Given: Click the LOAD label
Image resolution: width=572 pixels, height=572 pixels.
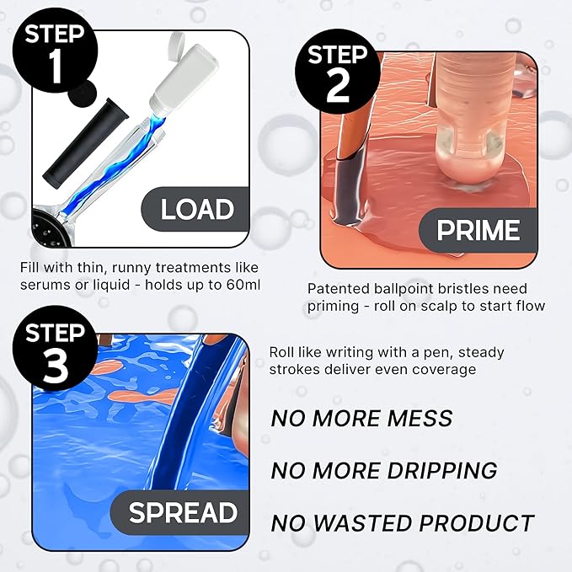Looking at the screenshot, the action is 197,209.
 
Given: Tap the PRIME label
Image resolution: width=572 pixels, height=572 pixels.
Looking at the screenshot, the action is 478,230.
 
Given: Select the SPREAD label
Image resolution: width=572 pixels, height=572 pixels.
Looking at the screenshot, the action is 183,512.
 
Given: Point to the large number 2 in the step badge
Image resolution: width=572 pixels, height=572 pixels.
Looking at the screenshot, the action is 338,86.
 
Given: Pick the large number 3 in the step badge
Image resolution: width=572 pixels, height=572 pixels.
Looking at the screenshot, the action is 56,365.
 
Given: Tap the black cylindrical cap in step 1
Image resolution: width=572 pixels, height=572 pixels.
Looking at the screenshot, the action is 86,143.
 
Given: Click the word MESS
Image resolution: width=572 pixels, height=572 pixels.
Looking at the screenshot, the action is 420,418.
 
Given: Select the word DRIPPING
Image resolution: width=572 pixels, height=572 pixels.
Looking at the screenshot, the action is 442,470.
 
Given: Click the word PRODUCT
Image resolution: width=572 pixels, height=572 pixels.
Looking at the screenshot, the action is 477,523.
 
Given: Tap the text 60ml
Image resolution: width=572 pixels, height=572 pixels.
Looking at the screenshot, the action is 243,285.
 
